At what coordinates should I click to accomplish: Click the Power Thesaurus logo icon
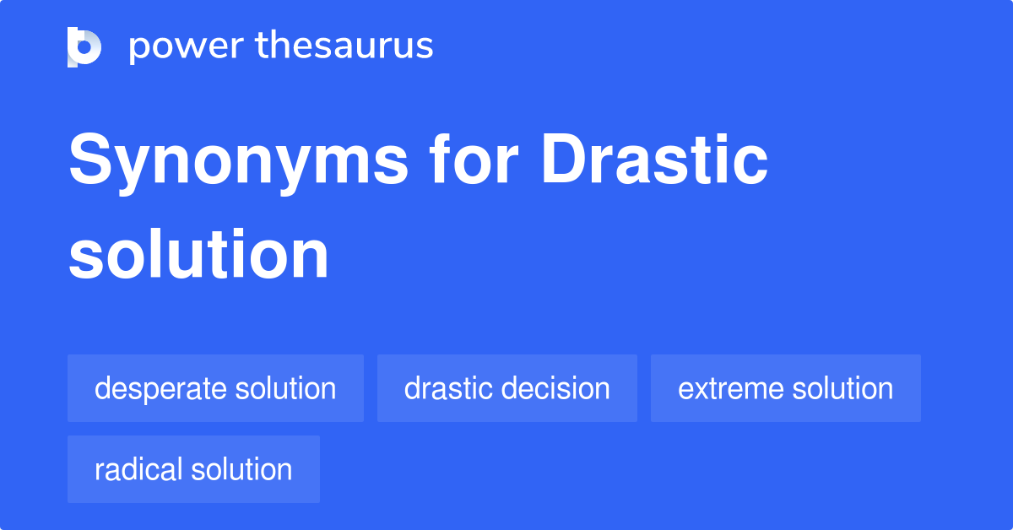84,46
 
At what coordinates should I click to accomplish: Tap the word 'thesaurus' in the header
344,46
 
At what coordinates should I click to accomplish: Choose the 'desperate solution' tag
215,388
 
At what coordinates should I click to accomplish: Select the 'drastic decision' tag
506,388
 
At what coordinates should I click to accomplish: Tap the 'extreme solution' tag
785,388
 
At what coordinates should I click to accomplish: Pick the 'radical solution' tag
193,469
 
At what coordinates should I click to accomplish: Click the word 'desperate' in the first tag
160,389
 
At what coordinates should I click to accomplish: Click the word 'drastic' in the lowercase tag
447,388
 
